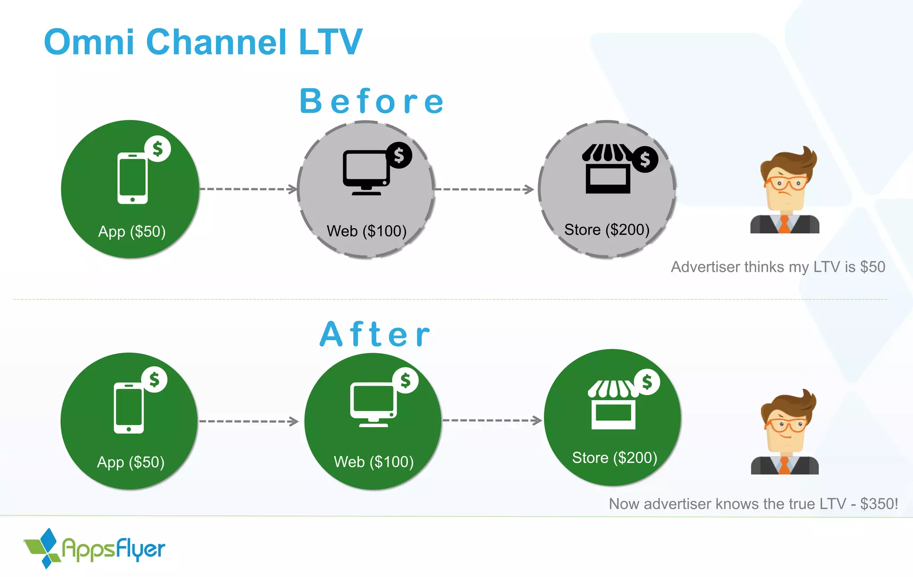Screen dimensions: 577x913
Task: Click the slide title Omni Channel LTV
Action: point(203,42)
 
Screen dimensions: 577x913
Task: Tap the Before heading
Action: point(371,101)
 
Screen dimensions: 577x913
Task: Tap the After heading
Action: point(375,334)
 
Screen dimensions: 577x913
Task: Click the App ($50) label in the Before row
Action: point(132,231)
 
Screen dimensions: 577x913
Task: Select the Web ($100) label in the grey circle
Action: point(366,231)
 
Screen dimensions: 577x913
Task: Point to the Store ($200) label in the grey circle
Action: point(607,230)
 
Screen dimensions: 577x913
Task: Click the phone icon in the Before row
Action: point(132,178)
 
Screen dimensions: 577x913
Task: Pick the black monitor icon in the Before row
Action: point(366,172)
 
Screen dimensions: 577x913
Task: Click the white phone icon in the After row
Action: point(129,408)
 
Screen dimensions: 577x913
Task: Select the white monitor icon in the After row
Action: point(373,404)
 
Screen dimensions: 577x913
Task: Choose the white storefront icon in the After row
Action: point(613,405)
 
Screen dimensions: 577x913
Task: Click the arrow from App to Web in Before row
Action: point(248,189)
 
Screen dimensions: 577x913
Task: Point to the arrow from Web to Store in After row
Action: point(492,420)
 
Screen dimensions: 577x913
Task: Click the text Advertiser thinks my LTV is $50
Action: point(778,267)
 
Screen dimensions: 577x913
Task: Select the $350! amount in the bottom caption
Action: point(879,504)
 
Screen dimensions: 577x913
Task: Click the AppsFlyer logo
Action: point(95,548)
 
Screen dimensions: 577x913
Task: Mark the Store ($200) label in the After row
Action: point(614,457)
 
